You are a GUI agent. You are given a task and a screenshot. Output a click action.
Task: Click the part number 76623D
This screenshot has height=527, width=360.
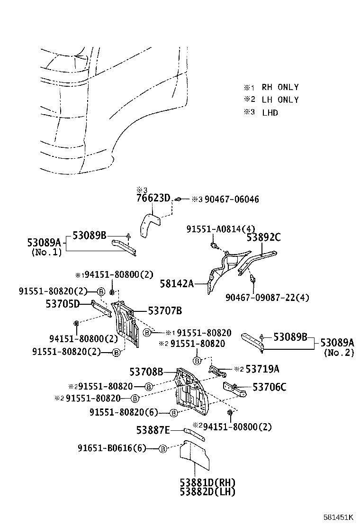(153, 198)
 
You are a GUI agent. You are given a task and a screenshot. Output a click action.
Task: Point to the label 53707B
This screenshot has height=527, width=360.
(165, 311)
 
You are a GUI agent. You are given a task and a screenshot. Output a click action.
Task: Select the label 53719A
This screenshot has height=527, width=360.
(262, 368)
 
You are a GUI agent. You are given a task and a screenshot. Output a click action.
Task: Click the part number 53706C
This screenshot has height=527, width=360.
(269, 387)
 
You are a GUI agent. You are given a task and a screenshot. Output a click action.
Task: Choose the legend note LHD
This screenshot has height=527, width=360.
(270, 113)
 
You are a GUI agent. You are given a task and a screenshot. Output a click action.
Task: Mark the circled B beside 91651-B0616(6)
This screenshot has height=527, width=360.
(162, 448)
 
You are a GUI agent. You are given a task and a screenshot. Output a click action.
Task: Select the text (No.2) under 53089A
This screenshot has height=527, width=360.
(338, 353)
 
